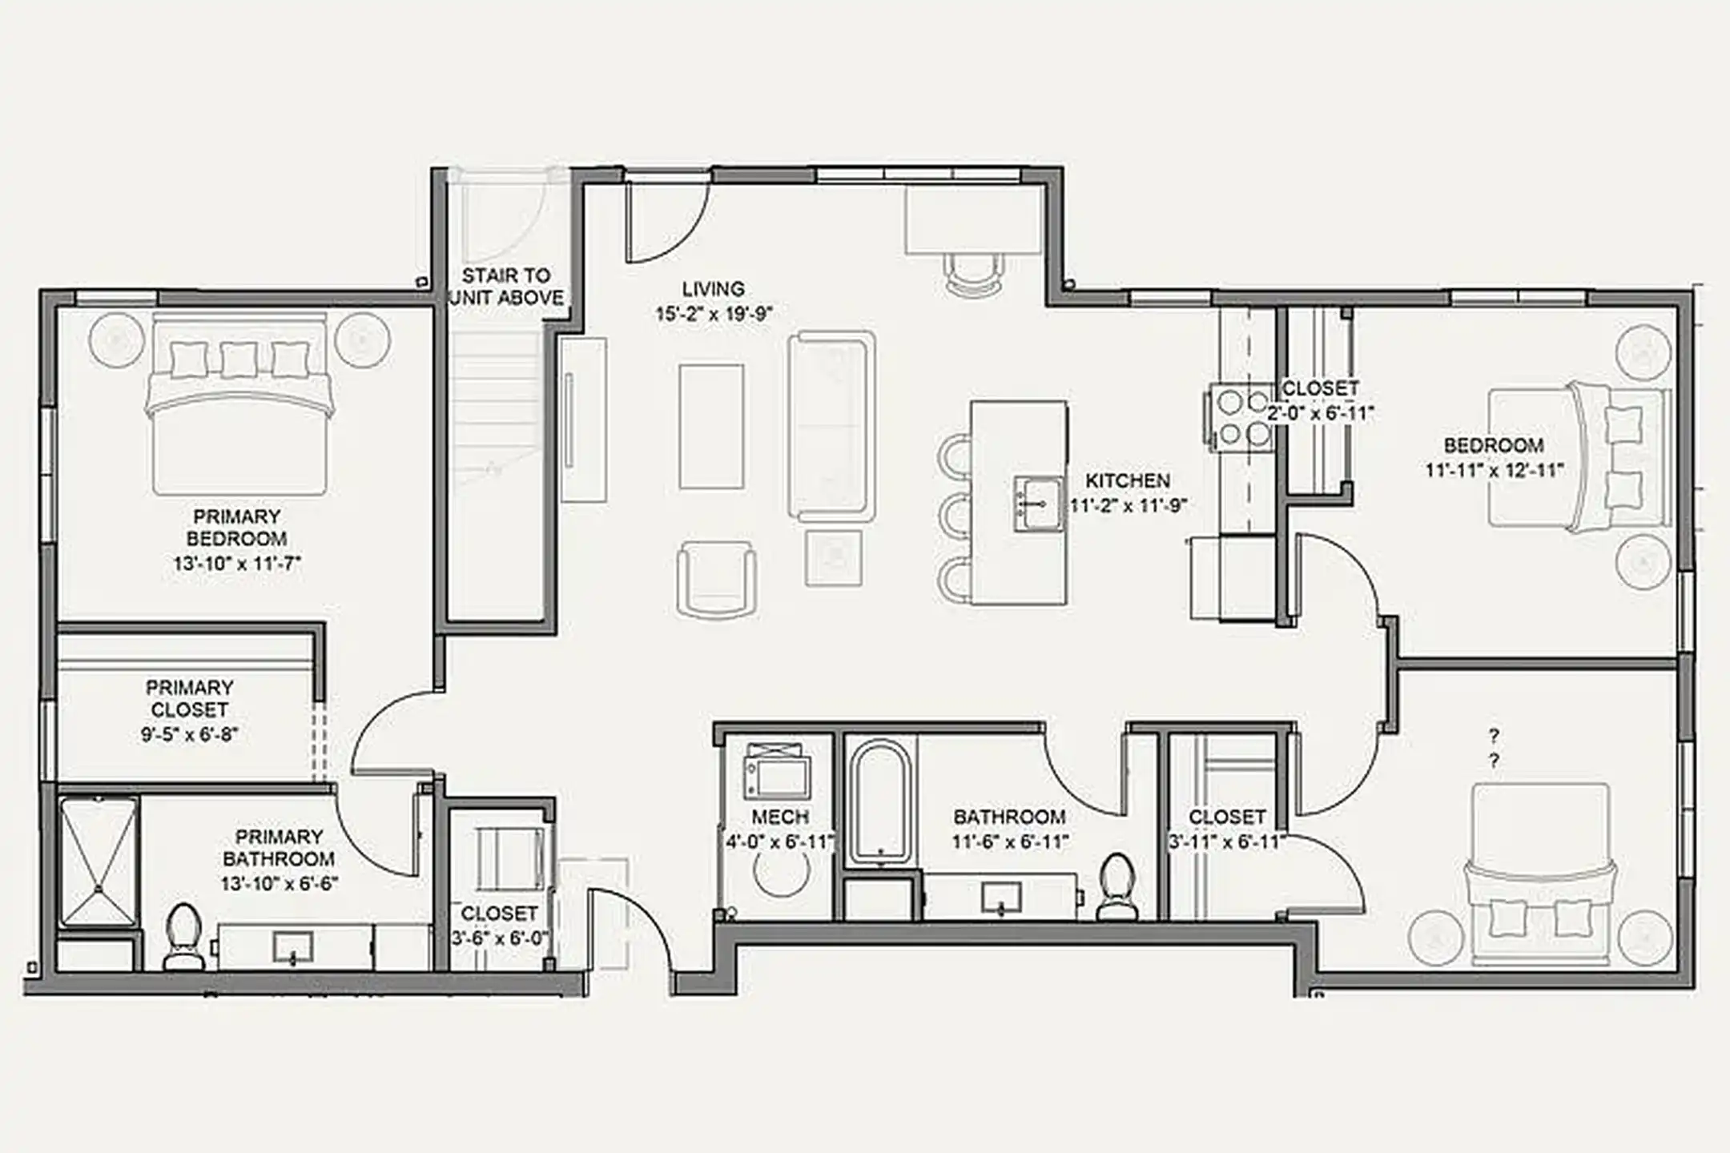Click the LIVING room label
pyautogui.click(x=713, y=288)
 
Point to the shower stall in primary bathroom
pyautogui.click(x=98, y=862)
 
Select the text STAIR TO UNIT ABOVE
pyautogui.click(x=506, y=287)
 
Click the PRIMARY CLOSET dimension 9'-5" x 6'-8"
pyautogui.click(x=190, y=734)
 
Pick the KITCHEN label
pyautogui.click(x=1127, y=480)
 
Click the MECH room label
pyautogui.click(x=779, y=817)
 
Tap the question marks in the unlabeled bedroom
pyautogui.click(x=1493, y=746)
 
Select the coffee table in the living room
pyautogui.click(x=711, y=426)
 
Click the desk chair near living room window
pyautogui.click(x=973, y=273)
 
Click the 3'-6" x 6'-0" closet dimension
pyautogui.click(x=498, y=938)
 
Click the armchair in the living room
pyautogui.click(x=716, y=578)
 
